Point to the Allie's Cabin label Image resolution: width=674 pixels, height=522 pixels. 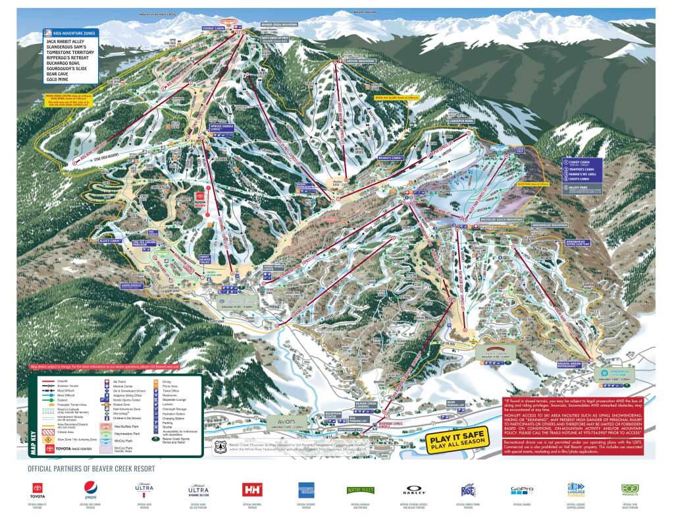pyautogui.click(x=111, y=241)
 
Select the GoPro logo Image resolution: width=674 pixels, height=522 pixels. pyautogui.click(x=521, y=489)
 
